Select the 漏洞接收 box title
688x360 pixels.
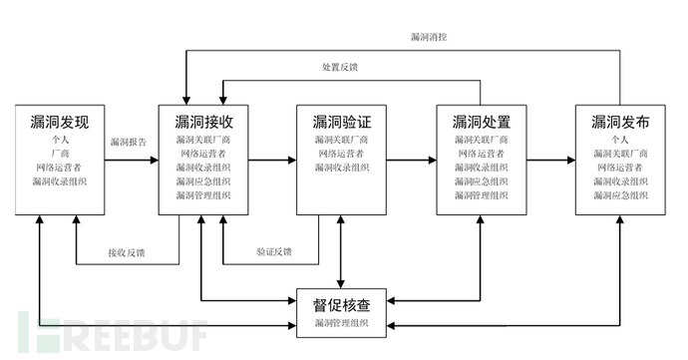(x=203, y=123)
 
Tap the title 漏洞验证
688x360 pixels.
(x=342, y=123)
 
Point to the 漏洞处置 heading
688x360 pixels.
(x=482, y=123)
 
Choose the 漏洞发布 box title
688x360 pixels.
(x=621, y=123)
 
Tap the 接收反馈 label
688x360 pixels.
(x=127, y=252)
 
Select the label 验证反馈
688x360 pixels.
(x=273, y=252)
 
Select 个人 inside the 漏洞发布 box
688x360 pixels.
(x=621, y=140)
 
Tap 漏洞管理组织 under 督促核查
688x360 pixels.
(x=342, y=323)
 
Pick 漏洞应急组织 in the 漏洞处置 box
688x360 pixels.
(x=482, y=181)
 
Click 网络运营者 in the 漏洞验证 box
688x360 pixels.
(x=342, y=154)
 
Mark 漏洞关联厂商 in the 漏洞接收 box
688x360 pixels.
(x=203, y=140)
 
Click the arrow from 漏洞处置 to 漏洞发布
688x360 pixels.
(x=549, y=159)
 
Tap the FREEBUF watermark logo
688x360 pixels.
(x=110, y=331)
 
